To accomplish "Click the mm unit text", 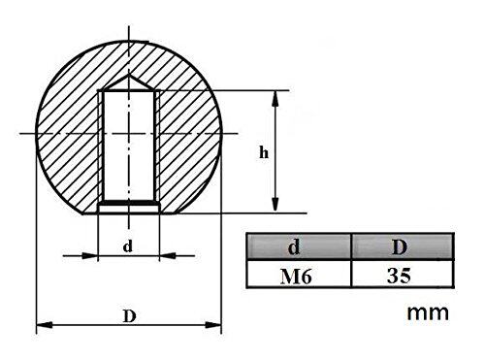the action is click(x=428, y=313).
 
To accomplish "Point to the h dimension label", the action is click(x=264, y=152).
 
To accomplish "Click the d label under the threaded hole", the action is click(x=128, y=246).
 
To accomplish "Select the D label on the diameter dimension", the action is click(x=129, y=316).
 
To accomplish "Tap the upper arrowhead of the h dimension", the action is click(x=275, y=98).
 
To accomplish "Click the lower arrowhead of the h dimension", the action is click(x=275, y=205).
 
